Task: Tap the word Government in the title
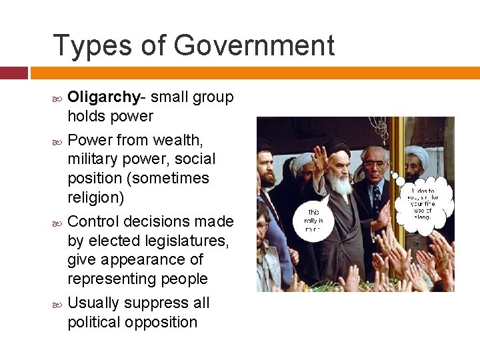[254, 45]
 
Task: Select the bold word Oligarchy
[103, 97]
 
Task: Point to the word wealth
[177, 140]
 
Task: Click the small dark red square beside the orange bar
[13, 73]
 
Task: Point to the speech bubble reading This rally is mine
[313, 217]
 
